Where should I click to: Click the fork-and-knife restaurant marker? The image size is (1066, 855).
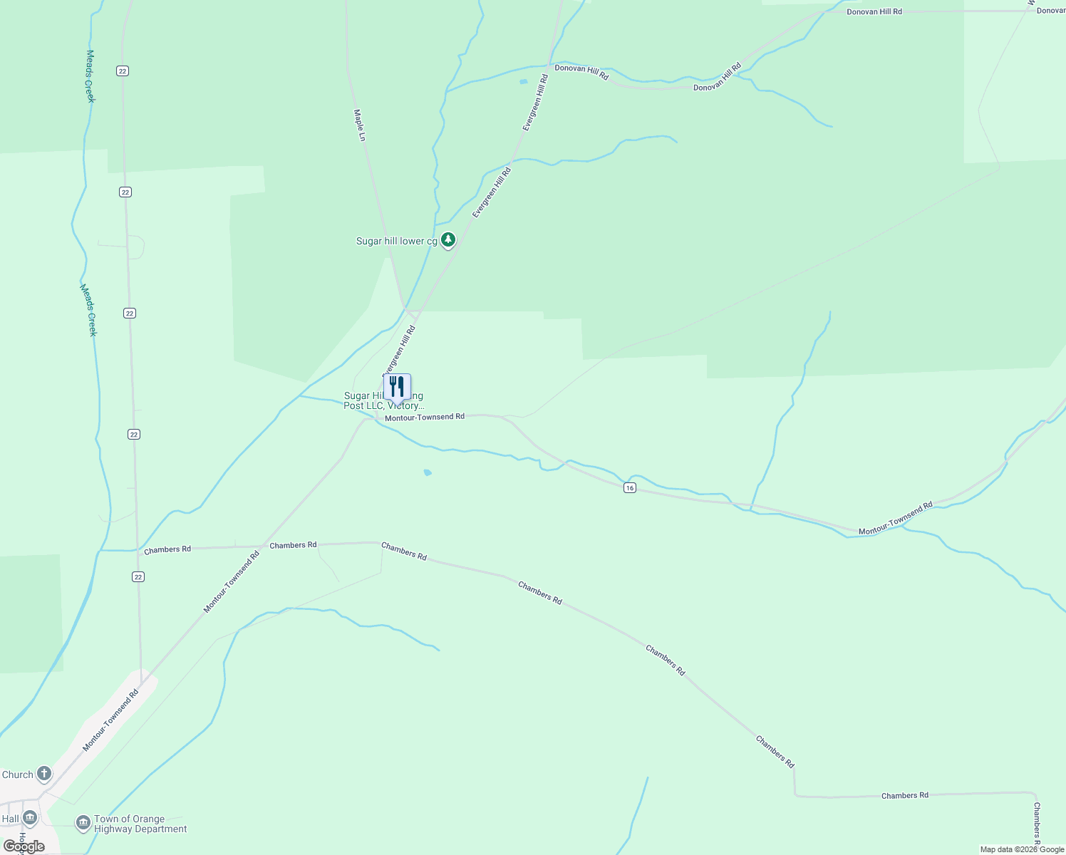(397, 387)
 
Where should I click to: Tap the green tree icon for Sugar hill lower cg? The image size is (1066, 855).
(447, 241)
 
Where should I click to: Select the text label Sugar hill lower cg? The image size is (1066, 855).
(397, 242)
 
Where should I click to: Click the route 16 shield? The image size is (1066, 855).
(629, 487)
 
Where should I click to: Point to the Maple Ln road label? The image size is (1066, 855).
(361, 125)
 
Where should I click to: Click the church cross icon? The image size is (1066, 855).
(44, 774)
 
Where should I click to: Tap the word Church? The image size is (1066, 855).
(18, 774)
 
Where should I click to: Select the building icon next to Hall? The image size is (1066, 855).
(30, 818)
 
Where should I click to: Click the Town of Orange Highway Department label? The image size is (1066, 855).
(140, 824)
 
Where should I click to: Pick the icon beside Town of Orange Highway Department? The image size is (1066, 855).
(83, 824)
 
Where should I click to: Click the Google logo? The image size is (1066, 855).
(24, 846)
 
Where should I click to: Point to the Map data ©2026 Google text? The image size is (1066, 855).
(1022, 849)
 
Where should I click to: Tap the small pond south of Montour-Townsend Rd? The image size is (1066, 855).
(428, 472)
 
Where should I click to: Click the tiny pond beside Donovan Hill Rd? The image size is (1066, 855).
(524, 82)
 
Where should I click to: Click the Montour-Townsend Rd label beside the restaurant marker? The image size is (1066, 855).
(425, 417)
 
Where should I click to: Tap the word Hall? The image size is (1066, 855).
(11, 819)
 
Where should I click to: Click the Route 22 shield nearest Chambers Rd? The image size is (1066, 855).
(138, 576)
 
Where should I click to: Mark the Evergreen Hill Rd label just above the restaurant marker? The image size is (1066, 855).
(399, 349)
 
